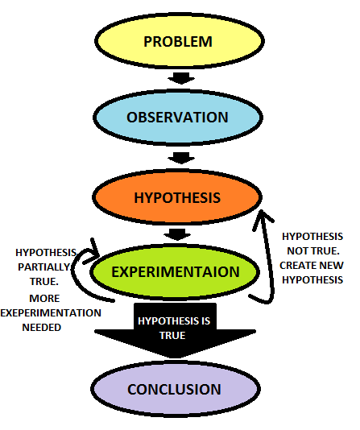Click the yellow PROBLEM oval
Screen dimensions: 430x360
(178, 40)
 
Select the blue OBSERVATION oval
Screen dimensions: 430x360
(178, 117)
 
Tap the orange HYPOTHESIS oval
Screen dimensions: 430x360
(177, 196)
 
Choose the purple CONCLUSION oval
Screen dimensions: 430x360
(174, 390)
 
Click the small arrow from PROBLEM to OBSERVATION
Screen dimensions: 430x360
(180, 78)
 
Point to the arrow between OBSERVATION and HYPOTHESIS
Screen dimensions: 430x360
(180, 157)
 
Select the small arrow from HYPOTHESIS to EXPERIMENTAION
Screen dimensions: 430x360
(176, 234)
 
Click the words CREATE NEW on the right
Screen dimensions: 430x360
(312, 265)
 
